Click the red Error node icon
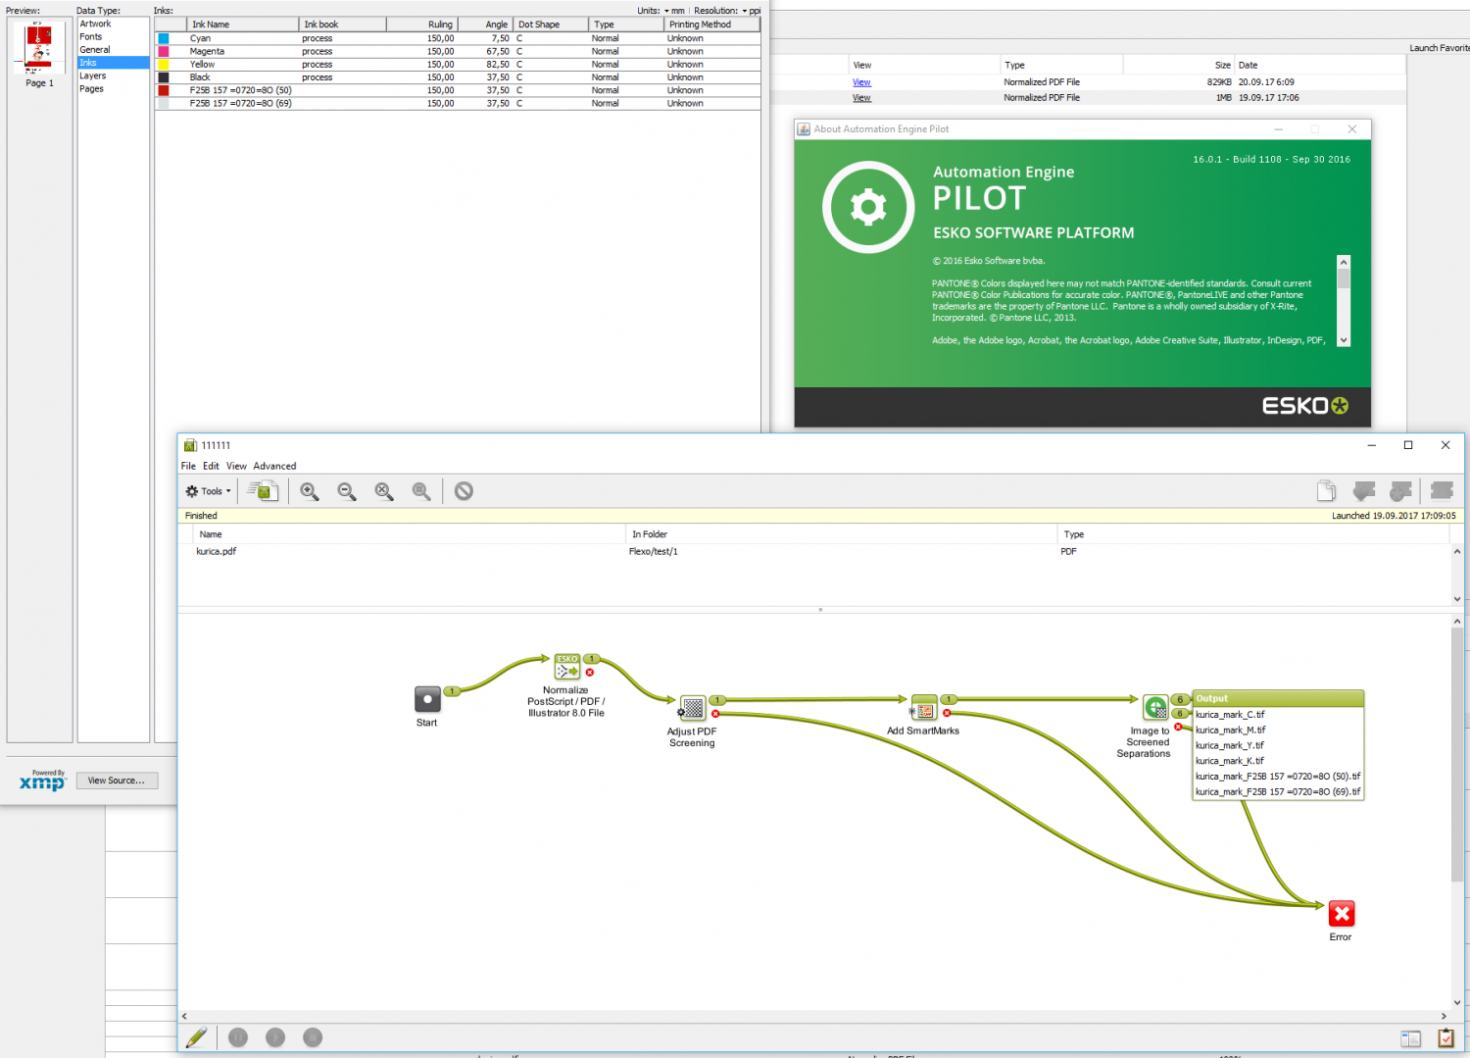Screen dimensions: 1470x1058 [1341, 913]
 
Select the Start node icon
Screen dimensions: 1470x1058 [427, 699]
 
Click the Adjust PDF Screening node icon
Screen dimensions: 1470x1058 [692, 708]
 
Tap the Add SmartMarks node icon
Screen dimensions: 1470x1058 [923, 707]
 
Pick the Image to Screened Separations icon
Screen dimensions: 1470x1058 [1155, 707]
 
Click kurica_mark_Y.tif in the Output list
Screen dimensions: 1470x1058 [1230, 745]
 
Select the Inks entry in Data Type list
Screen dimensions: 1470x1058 [88, 63]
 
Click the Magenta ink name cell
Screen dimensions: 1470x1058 [207, 51]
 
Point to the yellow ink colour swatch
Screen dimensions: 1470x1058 [164, 65]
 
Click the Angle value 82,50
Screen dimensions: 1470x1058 [498, 65]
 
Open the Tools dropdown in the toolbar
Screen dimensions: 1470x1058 [209, 490]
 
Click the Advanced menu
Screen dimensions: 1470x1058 [274, 466]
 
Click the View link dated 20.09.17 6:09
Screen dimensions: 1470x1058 [861, 82]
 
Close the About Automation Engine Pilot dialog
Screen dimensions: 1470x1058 [1351, 129]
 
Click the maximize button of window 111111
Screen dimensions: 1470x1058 [1408, 445]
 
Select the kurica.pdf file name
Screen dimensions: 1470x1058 [216, 551]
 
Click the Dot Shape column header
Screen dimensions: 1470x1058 [539, 25]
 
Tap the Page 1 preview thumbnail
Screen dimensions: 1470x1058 [39, 47]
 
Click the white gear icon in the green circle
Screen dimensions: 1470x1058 [867, 207]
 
